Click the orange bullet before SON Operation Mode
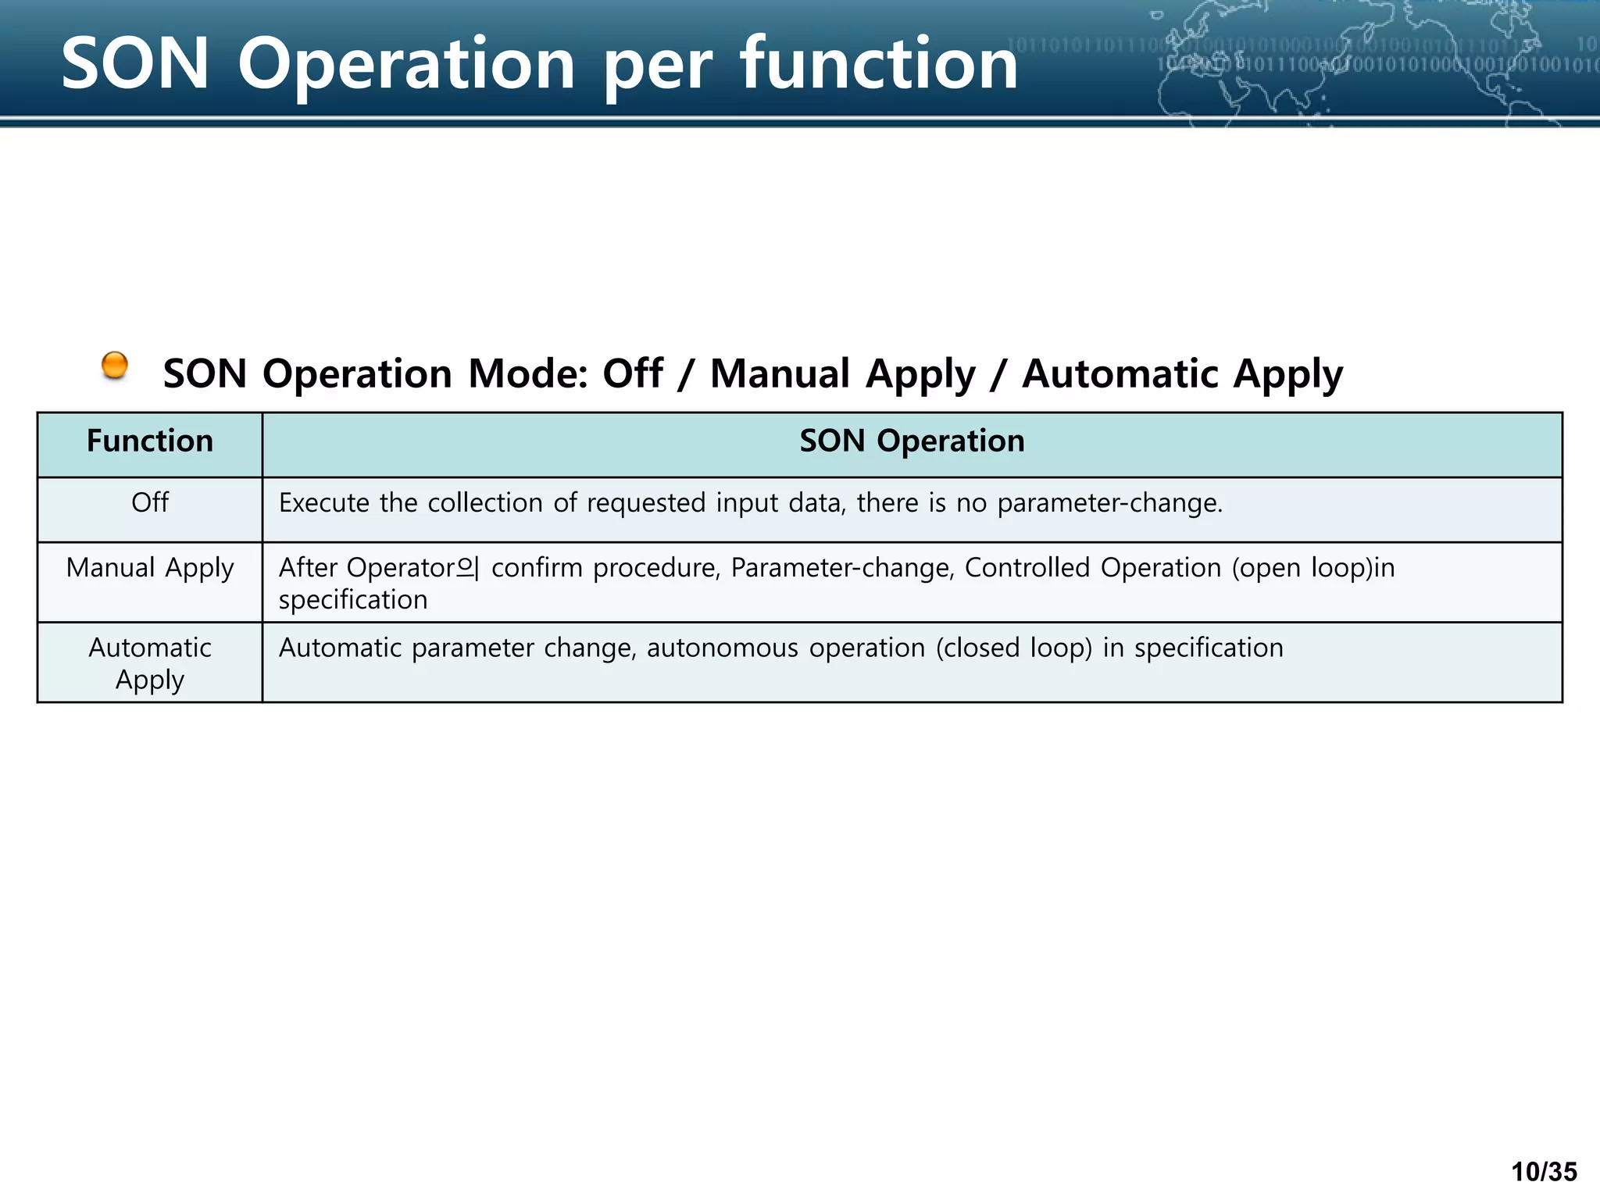115,365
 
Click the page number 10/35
1544,1172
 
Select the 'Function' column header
149,441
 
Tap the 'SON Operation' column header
912,441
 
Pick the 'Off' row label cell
149,503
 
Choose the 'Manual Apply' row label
149,568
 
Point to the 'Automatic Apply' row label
149,663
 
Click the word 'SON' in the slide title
135,64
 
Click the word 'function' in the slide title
878,64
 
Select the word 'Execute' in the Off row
323,503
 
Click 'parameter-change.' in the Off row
1109,503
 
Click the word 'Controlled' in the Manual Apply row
1027,568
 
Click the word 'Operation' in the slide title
407,64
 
